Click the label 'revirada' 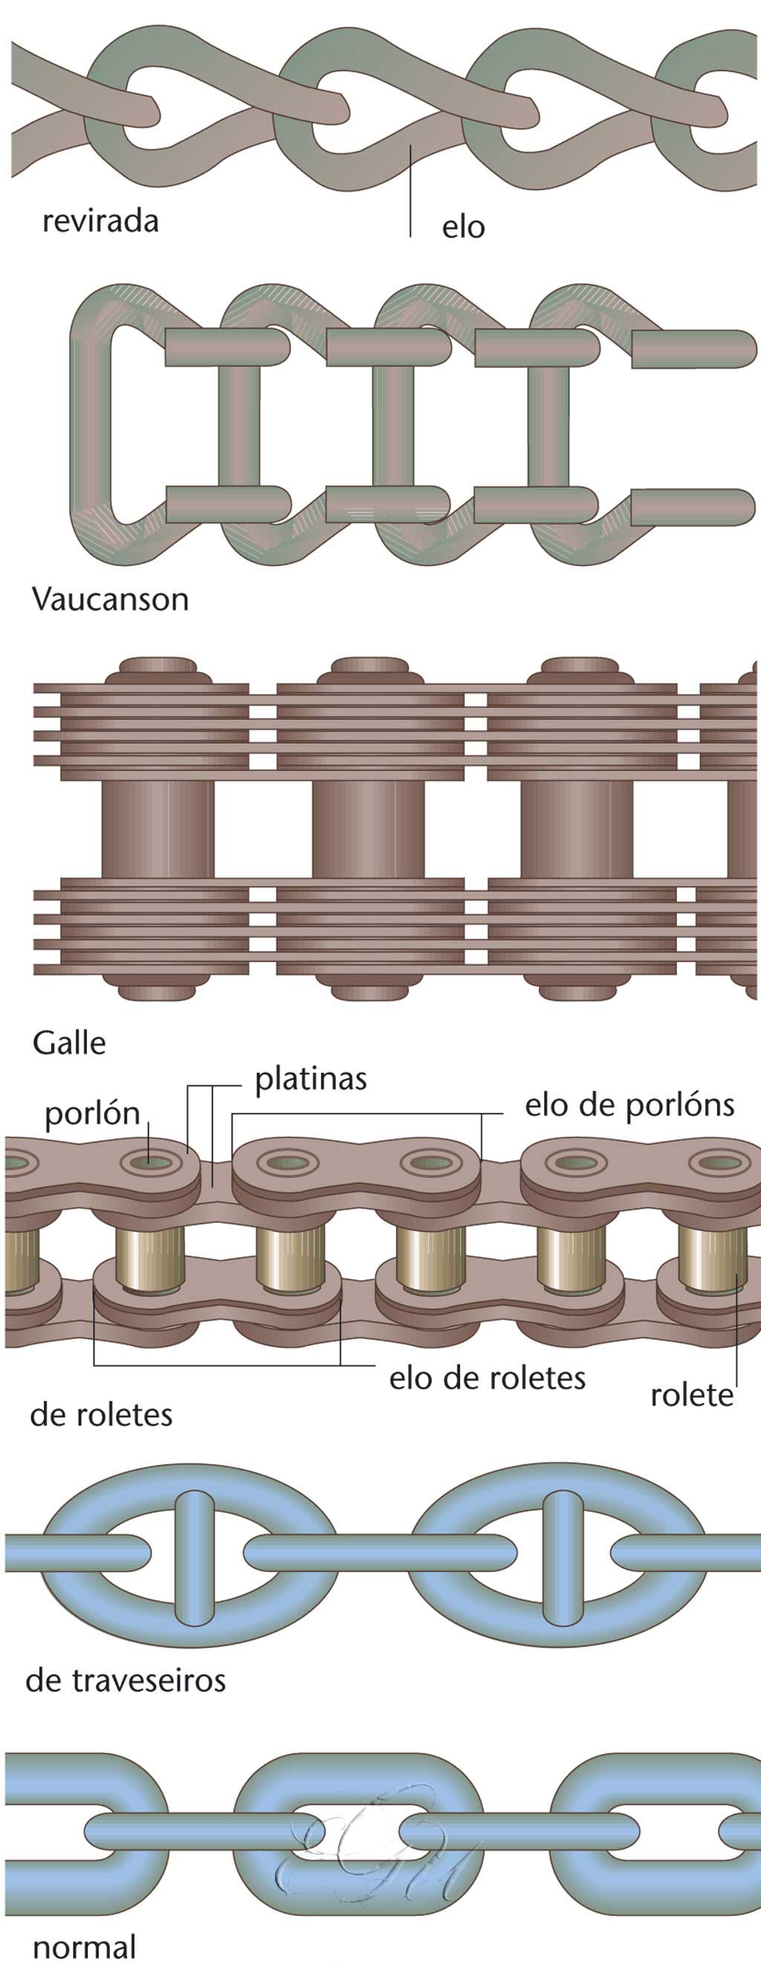click(100, 221)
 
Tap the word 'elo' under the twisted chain click(463, 227)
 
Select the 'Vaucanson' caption click(110, 599)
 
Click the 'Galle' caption click(69, 1043)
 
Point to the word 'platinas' click(310, 1079)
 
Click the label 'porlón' click(91, 1114)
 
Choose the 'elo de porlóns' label click(629, 1105)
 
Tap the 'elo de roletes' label click(487, 1378)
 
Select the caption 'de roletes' click(101, 1415)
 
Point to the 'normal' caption click(84, 1946)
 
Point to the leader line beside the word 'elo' click(410, 191)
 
